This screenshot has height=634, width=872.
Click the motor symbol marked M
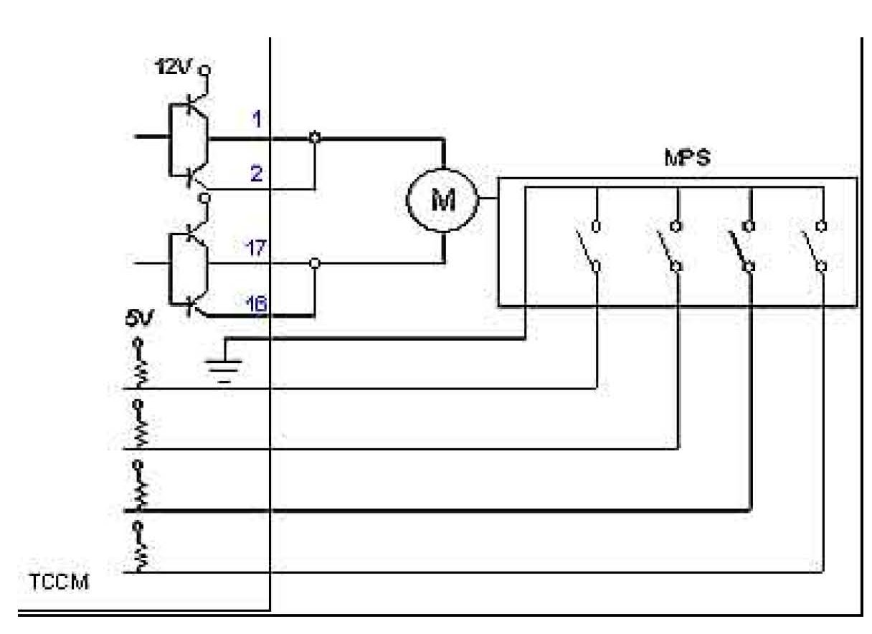click(442, 200)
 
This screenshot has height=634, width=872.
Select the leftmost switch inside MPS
click(588, 247)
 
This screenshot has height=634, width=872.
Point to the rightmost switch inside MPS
click(815, 247)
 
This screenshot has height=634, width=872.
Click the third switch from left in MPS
click(742, 247)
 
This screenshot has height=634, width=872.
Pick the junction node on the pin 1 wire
click(313, 137)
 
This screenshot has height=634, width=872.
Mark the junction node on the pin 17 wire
click(313, 264)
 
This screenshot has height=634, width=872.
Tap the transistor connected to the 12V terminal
click(191, 108)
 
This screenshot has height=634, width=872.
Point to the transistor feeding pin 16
click(191, 305)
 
